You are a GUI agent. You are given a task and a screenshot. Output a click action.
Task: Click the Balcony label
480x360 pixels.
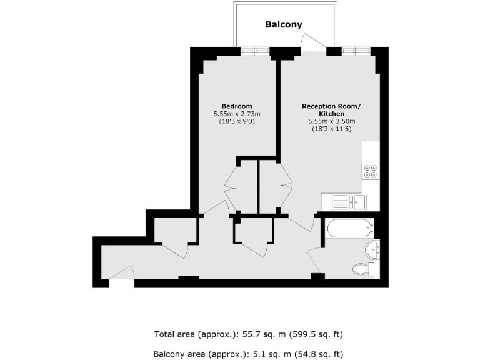[284, 25]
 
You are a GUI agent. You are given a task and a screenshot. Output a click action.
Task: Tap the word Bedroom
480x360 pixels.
[237, 106]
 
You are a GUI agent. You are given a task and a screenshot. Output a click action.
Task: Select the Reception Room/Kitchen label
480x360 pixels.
[331, 110]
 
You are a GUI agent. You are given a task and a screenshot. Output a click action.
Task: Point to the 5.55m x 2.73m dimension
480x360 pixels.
[237, 114]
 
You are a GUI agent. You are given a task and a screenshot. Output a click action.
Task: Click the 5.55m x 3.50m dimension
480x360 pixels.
[331, 121]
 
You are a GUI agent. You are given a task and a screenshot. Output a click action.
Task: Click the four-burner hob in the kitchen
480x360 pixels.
[371, 171]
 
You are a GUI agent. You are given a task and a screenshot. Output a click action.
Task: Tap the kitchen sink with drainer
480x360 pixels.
[344, 202]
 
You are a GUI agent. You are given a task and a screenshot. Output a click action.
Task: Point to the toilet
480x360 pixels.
[362, 269]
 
